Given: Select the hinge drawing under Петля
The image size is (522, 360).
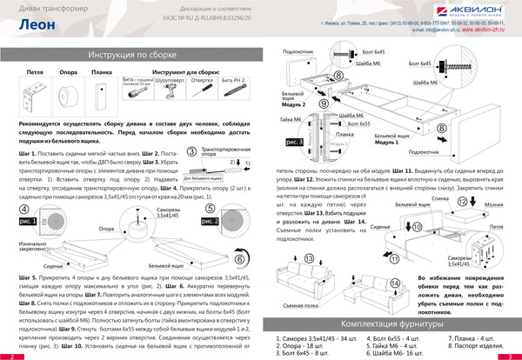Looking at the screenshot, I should pyautogui.click(x=36, y=88).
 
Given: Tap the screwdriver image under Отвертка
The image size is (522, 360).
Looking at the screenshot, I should pyautogui.click(x=201, y=89).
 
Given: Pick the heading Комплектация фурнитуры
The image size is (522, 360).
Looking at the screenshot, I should pyautogui.click(x=397, y=323).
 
